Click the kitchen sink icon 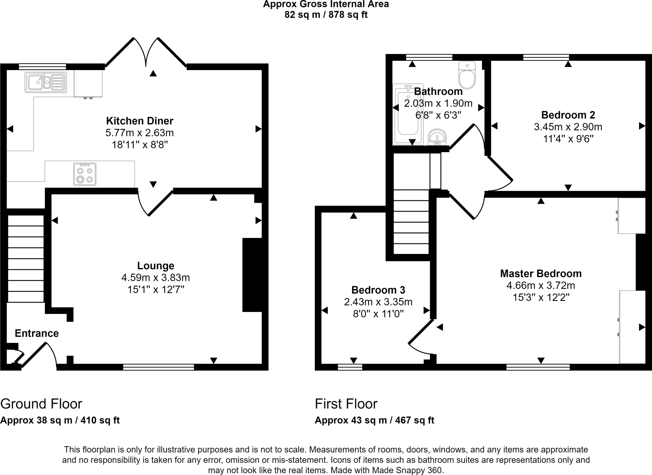pyautogui.click(x=46, y=82)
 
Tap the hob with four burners pyautogui.click(x=85, y=174)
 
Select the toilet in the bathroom pyautogui.click(x=467, y=75)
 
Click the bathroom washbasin pyautogui.click(x=437, y=137)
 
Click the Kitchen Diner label pyautogui.click(x=139, y=121)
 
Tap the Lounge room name pyautogui.click(x=156, y=266)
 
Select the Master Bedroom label pyautogui.click(x=541, y=273)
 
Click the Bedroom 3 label pyautogui.click(x=378, y=290)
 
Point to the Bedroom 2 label pyautogui.click(x=568, y=115)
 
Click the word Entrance pyautogui.click(x=37, y=333)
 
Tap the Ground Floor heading pyautogui.click(x=41, y=404)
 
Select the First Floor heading pyautogui.click(x=346, y=404)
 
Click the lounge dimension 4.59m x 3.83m pyautogui.click(x=156, y=278)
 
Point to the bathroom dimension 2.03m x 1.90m pyautogui.click(x=438, y=103)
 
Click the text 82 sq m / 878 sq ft pyautogui.click(x=326, y=15)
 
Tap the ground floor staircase pyautogui.click(x=25, y=259)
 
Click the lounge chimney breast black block pyautogui.click(x=252, y=275)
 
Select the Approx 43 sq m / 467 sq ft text pyautogui.click(x=374, y=420)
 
